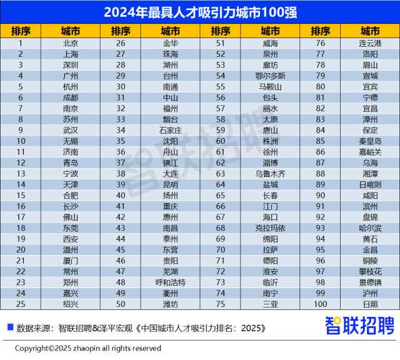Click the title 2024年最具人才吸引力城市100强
[200, 11]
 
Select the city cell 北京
[71, 43]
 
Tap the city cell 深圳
[71, 65]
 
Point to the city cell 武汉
[71, 130]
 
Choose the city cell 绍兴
[71, 304]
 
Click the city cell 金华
[171, 43]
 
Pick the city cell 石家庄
[171, 130]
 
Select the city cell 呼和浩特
[171, 282]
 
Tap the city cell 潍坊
[171, 304]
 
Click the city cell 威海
[271, 43]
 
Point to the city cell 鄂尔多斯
[271, 76]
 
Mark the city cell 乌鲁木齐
[271, 173]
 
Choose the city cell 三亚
[271, 304]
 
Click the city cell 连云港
[370, 43]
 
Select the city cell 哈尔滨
[370, 227]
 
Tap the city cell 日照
[370, 304]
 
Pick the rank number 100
[321, 304]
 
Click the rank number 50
[121, 304]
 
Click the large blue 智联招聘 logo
[359, 326]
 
